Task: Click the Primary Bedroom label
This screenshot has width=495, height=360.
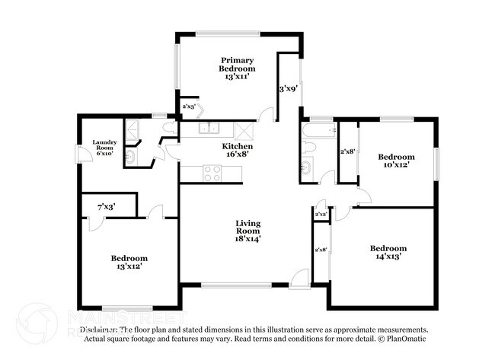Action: coord(238,68)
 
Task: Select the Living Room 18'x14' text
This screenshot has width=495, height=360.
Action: coord(247,231)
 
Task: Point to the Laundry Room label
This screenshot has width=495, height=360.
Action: coord(104,147)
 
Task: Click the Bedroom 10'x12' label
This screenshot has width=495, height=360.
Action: coord(397,162)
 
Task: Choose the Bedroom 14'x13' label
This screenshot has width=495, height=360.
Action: coord(388,252)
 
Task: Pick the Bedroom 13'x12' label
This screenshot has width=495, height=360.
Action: coord(128,262)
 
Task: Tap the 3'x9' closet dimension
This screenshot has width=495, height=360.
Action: coord(287,89)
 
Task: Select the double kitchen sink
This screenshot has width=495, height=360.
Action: coord(209,128)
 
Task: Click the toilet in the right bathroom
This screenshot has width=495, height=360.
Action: coord(306,168)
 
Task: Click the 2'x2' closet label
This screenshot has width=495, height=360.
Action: coord(320,215)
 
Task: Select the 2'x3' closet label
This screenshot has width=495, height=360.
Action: coord(187,107)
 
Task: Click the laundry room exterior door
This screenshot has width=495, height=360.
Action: coord(82,155)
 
